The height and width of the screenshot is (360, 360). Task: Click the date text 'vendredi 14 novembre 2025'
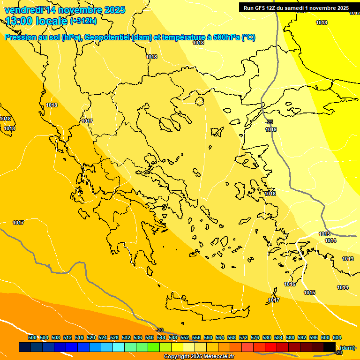(65, 10)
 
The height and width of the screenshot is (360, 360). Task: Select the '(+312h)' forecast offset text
(83, 21)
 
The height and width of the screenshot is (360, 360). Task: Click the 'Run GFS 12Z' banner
(296, 8)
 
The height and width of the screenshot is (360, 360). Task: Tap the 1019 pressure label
(270, 129)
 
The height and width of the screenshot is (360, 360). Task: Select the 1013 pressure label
(348, 259)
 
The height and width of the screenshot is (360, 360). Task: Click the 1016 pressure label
(290, 285)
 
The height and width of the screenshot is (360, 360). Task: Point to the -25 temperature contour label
(269, 122)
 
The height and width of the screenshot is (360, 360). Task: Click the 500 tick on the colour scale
(32, 337)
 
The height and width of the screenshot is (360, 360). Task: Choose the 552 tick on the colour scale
(185, 337)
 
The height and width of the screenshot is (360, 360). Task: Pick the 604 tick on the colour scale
(337, 337)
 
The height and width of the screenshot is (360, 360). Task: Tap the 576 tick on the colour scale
(255, 337)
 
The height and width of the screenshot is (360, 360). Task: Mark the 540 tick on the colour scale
(150, 337)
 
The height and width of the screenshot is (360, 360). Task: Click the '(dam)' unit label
(347, 347)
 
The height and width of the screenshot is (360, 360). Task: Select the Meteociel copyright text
(199, 357)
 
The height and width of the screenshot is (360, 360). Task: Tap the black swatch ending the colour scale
(330, 347)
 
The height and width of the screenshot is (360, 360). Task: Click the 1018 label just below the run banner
(322, 22)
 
